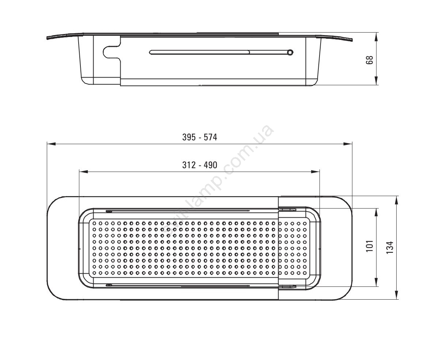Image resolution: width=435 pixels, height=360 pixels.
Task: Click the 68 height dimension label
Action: tap(370, 60)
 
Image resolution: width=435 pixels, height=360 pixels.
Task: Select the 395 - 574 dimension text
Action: tap(200, 137)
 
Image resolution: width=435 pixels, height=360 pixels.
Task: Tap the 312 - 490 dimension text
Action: tap(200, 165)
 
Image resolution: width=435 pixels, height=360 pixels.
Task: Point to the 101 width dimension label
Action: tap(370, 246)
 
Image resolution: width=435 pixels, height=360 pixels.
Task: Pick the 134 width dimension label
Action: tap(390, 247)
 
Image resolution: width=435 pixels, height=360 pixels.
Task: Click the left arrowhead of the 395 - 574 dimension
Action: tap(51, 143)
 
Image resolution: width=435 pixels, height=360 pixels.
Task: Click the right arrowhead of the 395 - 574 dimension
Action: tap(348, 143)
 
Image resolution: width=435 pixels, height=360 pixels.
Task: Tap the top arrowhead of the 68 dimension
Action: tap(376, 37)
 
